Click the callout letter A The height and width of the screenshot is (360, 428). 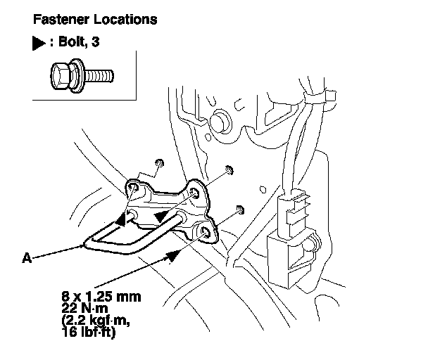[27, 258]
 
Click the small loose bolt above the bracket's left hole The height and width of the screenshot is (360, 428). [160, 164]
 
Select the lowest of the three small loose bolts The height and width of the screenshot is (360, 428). [240, 209]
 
